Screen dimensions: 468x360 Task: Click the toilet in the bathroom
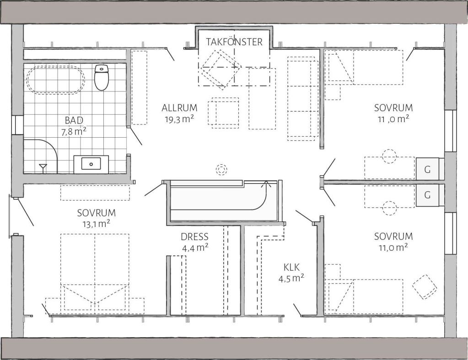102,77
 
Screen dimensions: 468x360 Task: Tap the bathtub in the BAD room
55,80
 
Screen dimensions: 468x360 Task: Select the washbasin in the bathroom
91,164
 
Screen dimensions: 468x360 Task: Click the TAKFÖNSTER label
234,42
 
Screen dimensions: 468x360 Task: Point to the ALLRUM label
179,107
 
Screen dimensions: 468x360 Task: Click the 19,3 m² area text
179,119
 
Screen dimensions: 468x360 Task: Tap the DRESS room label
194,236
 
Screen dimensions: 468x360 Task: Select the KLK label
291,267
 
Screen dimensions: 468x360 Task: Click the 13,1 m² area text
96,224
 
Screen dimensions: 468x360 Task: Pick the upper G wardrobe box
427,169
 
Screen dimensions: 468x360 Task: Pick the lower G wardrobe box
427,195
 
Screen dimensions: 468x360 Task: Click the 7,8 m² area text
74,132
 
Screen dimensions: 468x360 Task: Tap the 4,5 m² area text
291,278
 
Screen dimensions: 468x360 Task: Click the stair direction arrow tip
264,181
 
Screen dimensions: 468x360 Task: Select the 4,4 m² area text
195,248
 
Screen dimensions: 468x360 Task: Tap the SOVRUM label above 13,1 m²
97,213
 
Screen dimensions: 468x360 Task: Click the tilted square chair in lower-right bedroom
425,286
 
